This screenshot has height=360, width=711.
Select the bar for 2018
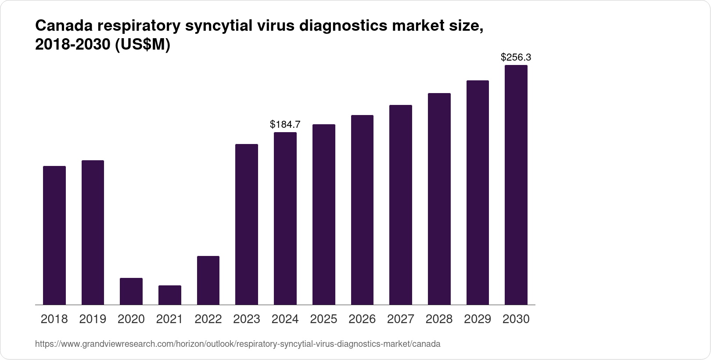point(54,235)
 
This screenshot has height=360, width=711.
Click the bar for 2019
point(93,233)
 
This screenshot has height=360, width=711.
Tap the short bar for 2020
point(131,292)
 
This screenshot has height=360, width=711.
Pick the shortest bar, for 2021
point(169,295)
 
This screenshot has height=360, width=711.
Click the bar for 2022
point(208,281)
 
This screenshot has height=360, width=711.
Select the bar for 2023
point(247,224)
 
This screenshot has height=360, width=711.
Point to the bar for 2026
point(362,210)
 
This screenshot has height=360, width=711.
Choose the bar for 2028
point(439,199)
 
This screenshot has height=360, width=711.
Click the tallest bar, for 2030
point(516,185)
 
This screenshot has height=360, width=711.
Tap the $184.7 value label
point(285,125)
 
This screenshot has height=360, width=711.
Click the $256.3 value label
point(516,58)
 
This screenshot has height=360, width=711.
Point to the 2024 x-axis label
point(285,319)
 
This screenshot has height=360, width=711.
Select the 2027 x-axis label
point(401,319)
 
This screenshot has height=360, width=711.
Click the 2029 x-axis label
point(478,319)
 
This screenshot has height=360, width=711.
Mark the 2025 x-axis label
point(323,319)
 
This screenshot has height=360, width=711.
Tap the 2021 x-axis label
point(169,319)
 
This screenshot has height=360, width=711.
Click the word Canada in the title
point(63,26)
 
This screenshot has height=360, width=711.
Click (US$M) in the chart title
point(142,45)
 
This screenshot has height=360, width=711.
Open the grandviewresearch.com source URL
point(237,344)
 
